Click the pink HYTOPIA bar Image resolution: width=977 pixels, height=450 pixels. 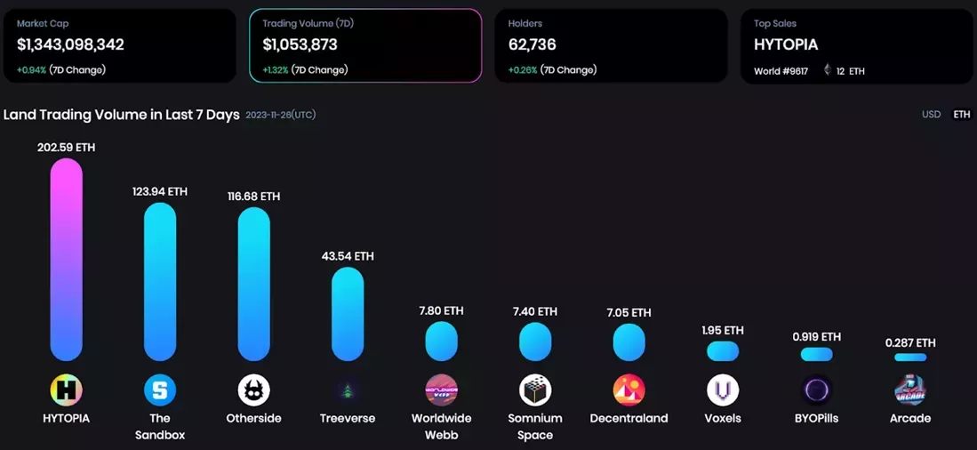coord(67,260)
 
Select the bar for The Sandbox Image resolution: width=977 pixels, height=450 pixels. coord(160,282)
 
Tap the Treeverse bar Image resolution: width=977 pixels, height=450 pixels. coord(348,314)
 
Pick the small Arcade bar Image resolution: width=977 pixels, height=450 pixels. coord(909,358)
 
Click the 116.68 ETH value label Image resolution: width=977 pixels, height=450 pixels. coord(253,196)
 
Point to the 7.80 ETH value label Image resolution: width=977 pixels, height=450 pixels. coord(441,310)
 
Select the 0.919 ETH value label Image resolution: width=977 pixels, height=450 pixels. coord(816,336)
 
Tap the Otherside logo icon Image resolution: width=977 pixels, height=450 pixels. coord(254,390)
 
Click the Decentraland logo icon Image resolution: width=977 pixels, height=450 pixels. coord(629,390)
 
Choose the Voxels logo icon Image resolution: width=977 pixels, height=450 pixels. coord(723,390)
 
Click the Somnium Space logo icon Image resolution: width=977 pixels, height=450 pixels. coord(535,390)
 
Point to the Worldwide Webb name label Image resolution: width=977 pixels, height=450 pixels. coord(441,426)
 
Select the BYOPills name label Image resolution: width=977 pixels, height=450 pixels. coord(816,418)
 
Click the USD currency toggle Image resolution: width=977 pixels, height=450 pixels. coord(931,115)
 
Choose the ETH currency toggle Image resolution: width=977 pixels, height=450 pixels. coord(962,115)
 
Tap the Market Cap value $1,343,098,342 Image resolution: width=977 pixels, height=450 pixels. coord(70,44)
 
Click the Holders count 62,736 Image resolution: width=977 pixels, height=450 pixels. coord(532,44)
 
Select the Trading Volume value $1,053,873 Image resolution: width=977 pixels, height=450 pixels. coord(300,44)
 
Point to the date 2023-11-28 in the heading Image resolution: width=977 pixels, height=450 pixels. coord(280,115)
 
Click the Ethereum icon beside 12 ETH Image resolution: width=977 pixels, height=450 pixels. coord(827,69)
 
